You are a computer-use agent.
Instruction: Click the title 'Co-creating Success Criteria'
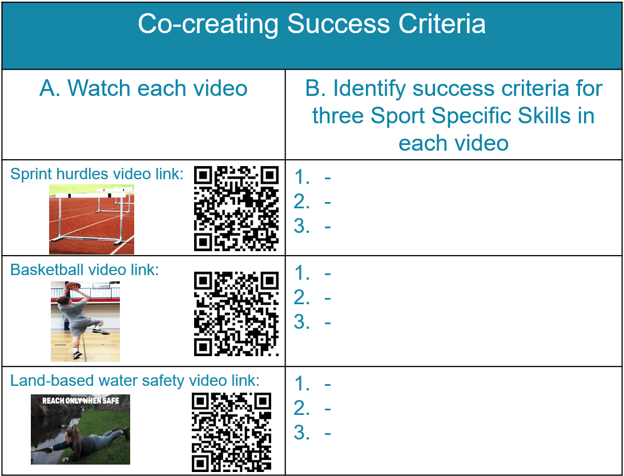[312, 24]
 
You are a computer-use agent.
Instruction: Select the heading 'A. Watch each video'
[143, 88]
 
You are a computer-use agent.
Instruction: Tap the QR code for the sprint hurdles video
[236, 208]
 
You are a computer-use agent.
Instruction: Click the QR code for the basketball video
[236, 314]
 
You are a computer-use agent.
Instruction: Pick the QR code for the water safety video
[232, 432]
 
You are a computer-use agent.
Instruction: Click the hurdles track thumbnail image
[91, 219]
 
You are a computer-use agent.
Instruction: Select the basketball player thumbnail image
[85, 321]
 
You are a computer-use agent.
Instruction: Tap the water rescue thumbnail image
[80, 429]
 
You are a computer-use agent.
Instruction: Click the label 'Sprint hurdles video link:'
[96, 174]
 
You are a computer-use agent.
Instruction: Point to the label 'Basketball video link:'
[84, 269]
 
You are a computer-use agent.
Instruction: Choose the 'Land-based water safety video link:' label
[135, 381]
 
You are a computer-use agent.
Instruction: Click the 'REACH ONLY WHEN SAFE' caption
[81, 401]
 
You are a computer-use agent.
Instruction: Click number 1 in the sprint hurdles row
[302, 177]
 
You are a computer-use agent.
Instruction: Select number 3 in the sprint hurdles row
[302, 226]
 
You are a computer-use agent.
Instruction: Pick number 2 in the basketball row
[302, 297]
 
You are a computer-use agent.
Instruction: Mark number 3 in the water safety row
[302, 433]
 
